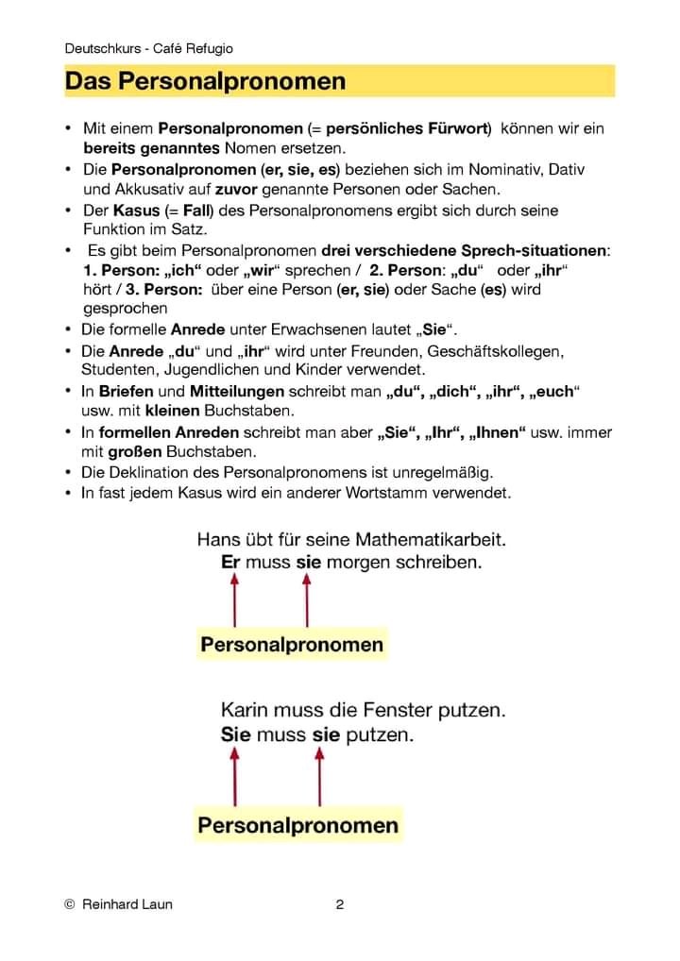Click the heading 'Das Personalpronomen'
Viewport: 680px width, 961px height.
[205, 82]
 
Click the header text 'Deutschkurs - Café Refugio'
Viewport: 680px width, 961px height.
[149, 48]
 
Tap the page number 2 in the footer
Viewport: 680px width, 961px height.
[340, 904]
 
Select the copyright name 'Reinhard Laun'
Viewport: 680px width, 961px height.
[127, 904]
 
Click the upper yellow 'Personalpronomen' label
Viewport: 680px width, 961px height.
[292, 645]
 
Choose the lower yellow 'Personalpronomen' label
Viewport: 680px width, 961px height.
[297, 825]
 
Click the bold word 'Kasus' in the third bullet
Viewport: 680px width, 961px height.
[136, 210]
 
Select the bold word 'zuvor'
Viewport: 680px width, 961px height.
[223, 189]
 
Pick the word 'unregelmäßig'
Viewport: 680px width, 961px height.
[444, 472]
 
